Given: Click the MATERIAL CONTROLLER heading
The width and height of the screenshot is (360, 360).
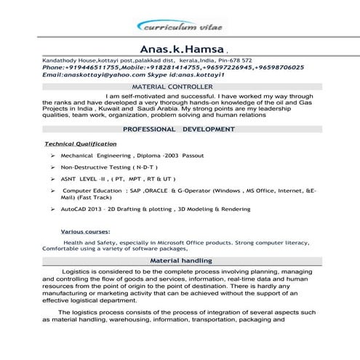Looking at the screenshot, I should pos(179,86).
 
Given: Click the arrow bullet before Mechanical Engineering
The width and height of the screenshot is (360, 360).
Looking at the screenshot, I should pos(55,156).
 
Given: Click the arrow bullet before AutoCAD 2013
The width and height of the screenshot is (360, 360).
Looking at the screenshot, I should pos(55,209).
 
